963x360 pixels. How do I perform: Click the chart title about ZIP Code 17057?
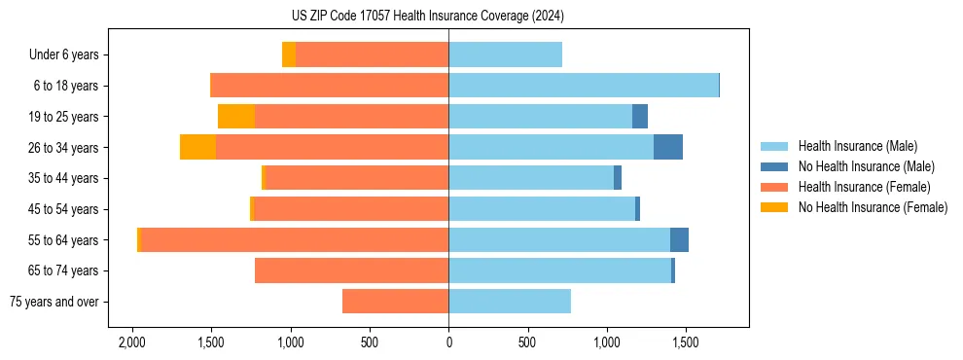[427, 16]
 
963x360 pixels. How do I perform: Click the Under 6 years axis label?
[63, 54]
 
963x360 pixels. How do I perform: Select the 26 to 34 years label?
[63, 148]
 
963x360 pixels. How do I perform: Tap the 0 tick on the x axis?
[448, 343]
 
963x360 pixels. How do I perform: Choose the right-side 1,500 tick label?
[685, 343]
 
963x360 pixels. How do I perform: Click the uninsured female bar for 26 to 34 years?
[197, 147]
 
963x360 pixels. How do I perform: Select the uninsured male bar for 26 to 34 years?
[668, 147]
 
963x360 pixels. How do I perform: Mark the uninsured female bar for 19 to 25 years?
[236, 117]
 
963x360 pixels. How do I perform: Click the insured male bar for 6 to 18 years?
[584, 86]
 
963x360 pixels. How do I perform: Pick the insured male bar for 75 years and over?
[510, 302]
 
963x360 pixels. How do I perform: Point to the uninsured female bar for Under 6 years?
[289, 54]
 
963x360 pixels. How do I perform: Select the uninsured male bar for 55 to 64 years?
[679, 240]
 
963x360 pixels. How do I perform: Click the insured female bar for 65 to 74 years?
[351, 270]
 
